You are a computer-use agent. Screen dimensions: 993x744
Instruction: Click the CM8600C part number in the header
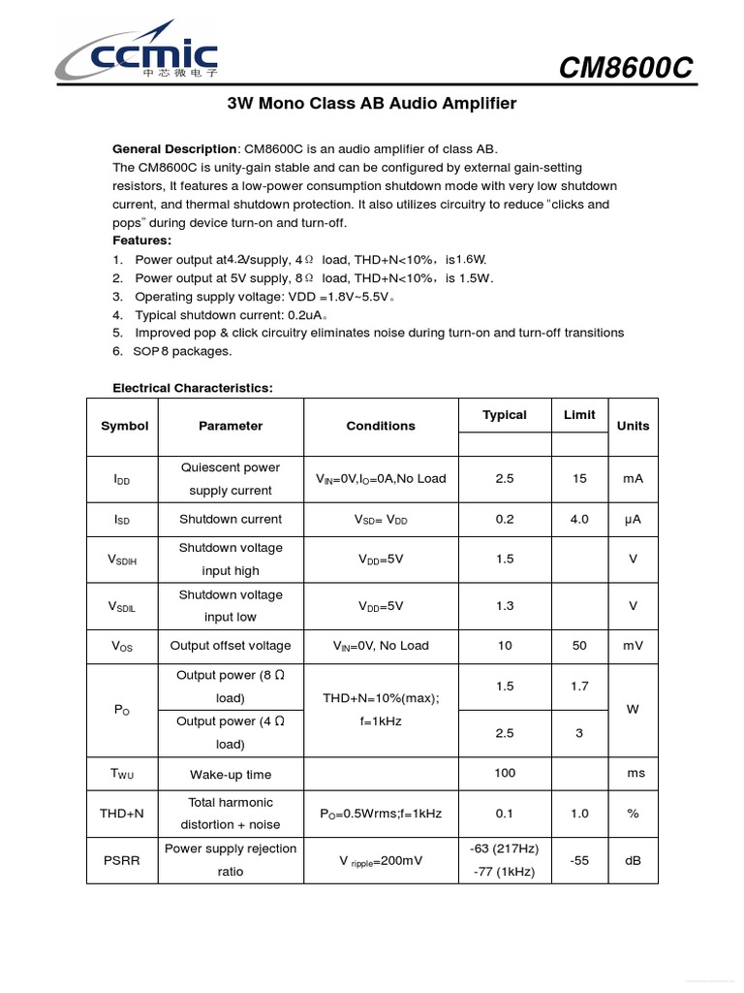pyautogui.click(x=627, y=69)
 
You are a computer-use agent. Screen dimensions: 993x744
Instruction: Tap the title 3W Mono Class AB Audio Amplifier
pyautogui.click(x=371, y=104)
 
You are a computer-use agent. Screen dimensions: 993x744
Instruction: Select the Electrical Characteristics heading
pyautogui.click(x=193, y=388)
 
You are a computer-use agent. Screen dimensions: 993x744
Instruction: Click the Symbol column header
pyautogui.click(x=124, y=426)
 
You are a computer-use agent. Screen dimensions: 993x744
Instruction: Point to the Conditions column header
pyautogui.click(x=381, y=426)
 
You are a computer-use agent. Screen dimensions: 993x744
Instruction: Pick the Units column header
pyautogui.click(x=633, y=426)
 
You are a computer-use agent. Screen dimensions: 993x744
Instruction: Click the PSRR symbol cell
pyautogui.click(x=122, y=860)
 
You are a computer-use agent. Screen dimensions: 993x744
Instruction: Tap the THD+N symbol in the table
pyautogui.click(x=121, y=814)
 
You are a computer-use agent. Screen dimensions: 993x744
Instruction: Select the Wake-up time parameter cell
pyautogui.click(x=231, y=775)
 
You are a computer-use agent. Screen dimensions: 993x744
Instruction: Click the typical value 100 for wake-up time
pyautogui.click(x=505, y=774)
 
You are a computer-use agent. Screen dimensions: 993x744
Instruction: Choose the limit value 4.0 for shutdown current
pyautogui.click(x=579, y=519)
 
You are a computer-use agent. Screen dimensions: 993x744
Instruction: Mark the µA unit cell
pyautogui.click(x=633, y=519)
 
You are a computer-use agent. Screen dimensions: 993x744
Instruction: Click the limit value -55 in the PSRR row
pyautogui.click(x=579, y=860)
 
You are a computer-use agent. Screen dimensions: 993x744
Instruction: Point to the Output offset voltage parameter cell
pyautogui.click(x=231, y=645)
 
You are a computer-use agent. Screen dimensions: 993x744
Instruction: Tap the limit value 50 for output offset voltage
pyautogui.click(x=579, y=645)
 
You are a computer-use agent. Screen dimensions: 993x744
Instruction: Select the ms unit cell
pyautogui.click(x=635, y=774)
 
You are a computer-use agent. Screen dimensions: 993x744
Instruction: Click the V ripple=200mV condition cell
pyautogui.click(x=381, y=860)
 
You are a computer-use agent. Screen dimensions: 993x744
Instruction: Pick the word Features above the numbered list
pyautogui.click(x=142, y=240)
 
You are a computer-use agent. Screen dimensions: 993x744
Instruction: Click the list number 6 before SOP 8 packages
pyautogui.click(x=117, y=351)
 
